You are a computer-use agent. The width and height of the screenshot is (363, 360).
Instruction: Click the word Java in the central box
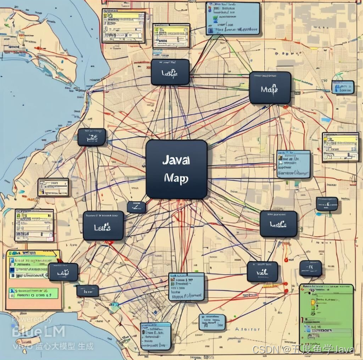point(175,161)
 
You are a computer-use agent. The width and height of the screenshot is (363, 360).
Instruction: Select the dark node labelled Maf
point(270,88)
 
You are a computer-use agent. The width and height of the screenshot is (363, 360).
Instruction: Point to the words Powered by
point(32,320)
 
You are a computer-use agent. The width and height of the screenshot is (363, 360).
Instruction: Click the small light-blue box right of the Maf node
point(343,87)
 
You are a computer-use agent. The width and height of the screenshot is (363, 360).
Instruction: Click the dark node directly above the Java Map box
point(170,72)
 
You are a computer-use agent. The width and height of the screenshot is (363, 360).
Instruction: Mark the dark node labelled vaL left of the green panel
point(262,271)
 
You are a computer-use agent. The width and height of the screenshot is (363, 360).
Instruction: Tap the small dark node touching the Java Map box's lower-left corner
point(136,207)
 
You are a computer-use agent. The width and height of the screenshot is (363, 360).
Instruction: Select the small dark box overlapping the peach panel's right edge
point(63,271)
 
